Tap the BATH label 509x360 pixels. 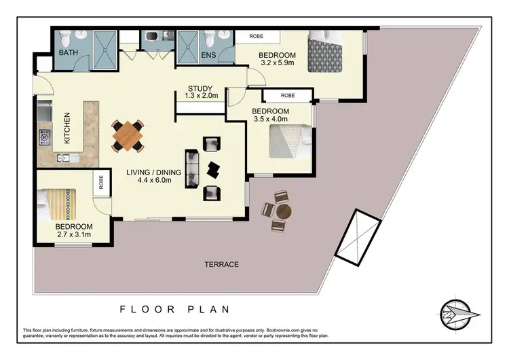(x=69, y=52)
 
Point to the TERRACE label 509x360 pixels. (x=221, y=264)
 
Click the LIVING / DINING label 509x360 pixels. (x=153, y=173)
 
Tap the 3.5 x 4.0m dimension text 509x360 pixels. (x=270, y=120)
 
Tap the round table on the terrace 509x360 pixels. (x=282, y=211)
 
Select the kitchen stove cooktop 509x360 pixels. (x=45, y=138)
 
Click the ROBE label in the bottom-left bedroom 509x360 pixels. (x=101, y=182)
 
